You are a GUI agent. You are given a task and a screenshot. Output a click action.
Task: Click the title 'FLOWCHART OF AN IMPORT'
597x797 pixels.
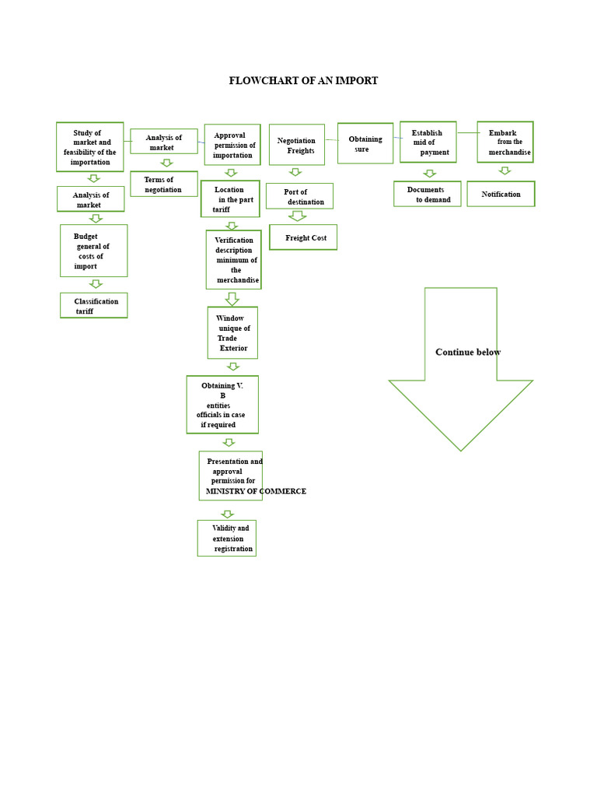point(303,81)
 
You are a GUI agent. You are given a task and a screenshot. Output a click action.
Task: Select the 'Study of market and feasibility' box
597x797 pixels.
point(90,147)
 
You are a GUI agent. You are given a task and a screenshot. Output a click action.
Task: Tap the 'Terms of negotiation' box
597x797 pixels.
point(163,184)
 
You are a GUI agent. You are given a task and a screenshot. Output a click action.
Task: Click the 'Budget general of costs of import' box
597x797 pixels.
point(93,251)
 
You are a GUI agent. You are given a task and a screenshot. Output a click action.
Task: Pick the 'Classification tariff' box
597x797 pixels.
point(93,306)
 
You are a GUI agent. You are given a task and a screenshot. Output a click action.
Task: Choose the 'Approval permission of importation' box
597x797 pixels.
point(232,145)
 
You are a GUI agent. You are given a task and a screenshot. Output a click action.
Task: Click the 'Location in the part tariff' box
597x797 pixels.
point(230,199)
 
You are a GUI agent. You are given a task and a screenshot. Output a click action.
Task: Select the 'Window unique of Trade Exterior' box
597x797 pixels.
point(232,333)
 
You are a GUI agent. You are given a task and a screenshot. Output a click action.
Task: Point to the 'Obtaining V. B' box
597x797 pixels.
point(222,405)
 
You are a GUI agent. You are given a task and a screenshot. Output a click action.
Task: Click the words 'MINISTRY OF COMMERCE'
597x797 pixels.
point(256,491)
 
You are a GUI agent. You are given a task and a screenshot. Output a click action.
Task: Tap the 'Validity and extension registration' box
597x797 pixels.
point(226,538)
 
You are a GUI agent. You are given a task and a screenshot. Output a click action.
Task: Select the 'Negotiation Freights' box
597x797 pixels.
point(297,145)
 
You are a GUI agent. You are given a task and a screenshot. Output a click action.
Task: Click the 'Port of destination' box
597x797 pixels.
point(299,196)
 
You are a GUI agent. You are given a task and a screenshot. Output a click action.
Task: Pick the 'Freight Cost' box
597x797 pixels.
point(303,237)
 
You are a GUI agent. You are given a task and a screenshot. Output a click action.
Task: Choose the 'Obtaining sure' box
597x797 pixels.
point(365,143)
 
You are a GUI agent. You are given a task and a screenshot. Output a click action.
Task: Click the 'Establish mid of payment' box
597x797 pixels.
point(428,142)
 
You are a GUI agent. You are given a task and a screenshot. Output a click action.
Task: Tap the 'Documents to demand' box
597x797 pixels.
point(428,194)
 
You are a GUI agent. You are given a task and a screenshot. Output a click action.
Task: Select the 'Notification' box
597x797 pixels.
point(501,194)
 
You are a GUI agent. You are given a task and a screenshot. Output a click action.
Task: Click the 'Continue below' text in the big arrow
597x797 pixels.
point(468,352)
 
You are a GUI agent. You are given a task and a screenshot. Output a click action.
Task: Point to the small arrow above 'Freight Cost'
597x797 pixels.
point(297,216)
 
